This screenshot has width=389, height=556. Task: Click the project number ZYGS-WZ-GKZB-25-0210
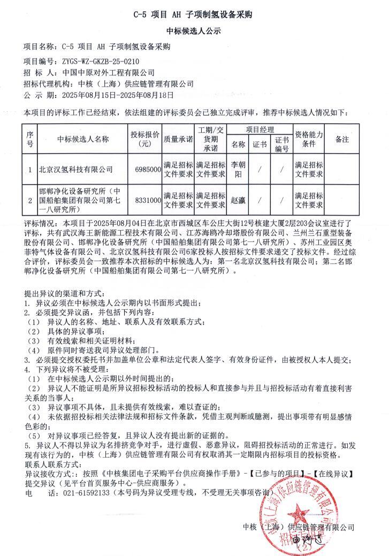click(94, 62)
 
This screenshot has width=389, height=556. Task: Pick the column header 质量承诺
click(178, 139)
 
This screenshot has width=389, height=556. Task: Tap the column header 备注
click(341, 139)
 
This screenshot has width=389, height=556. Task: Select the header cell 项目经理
click(260, 130)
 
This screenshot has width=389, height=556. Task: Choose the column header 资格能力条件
click(309, 139)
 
